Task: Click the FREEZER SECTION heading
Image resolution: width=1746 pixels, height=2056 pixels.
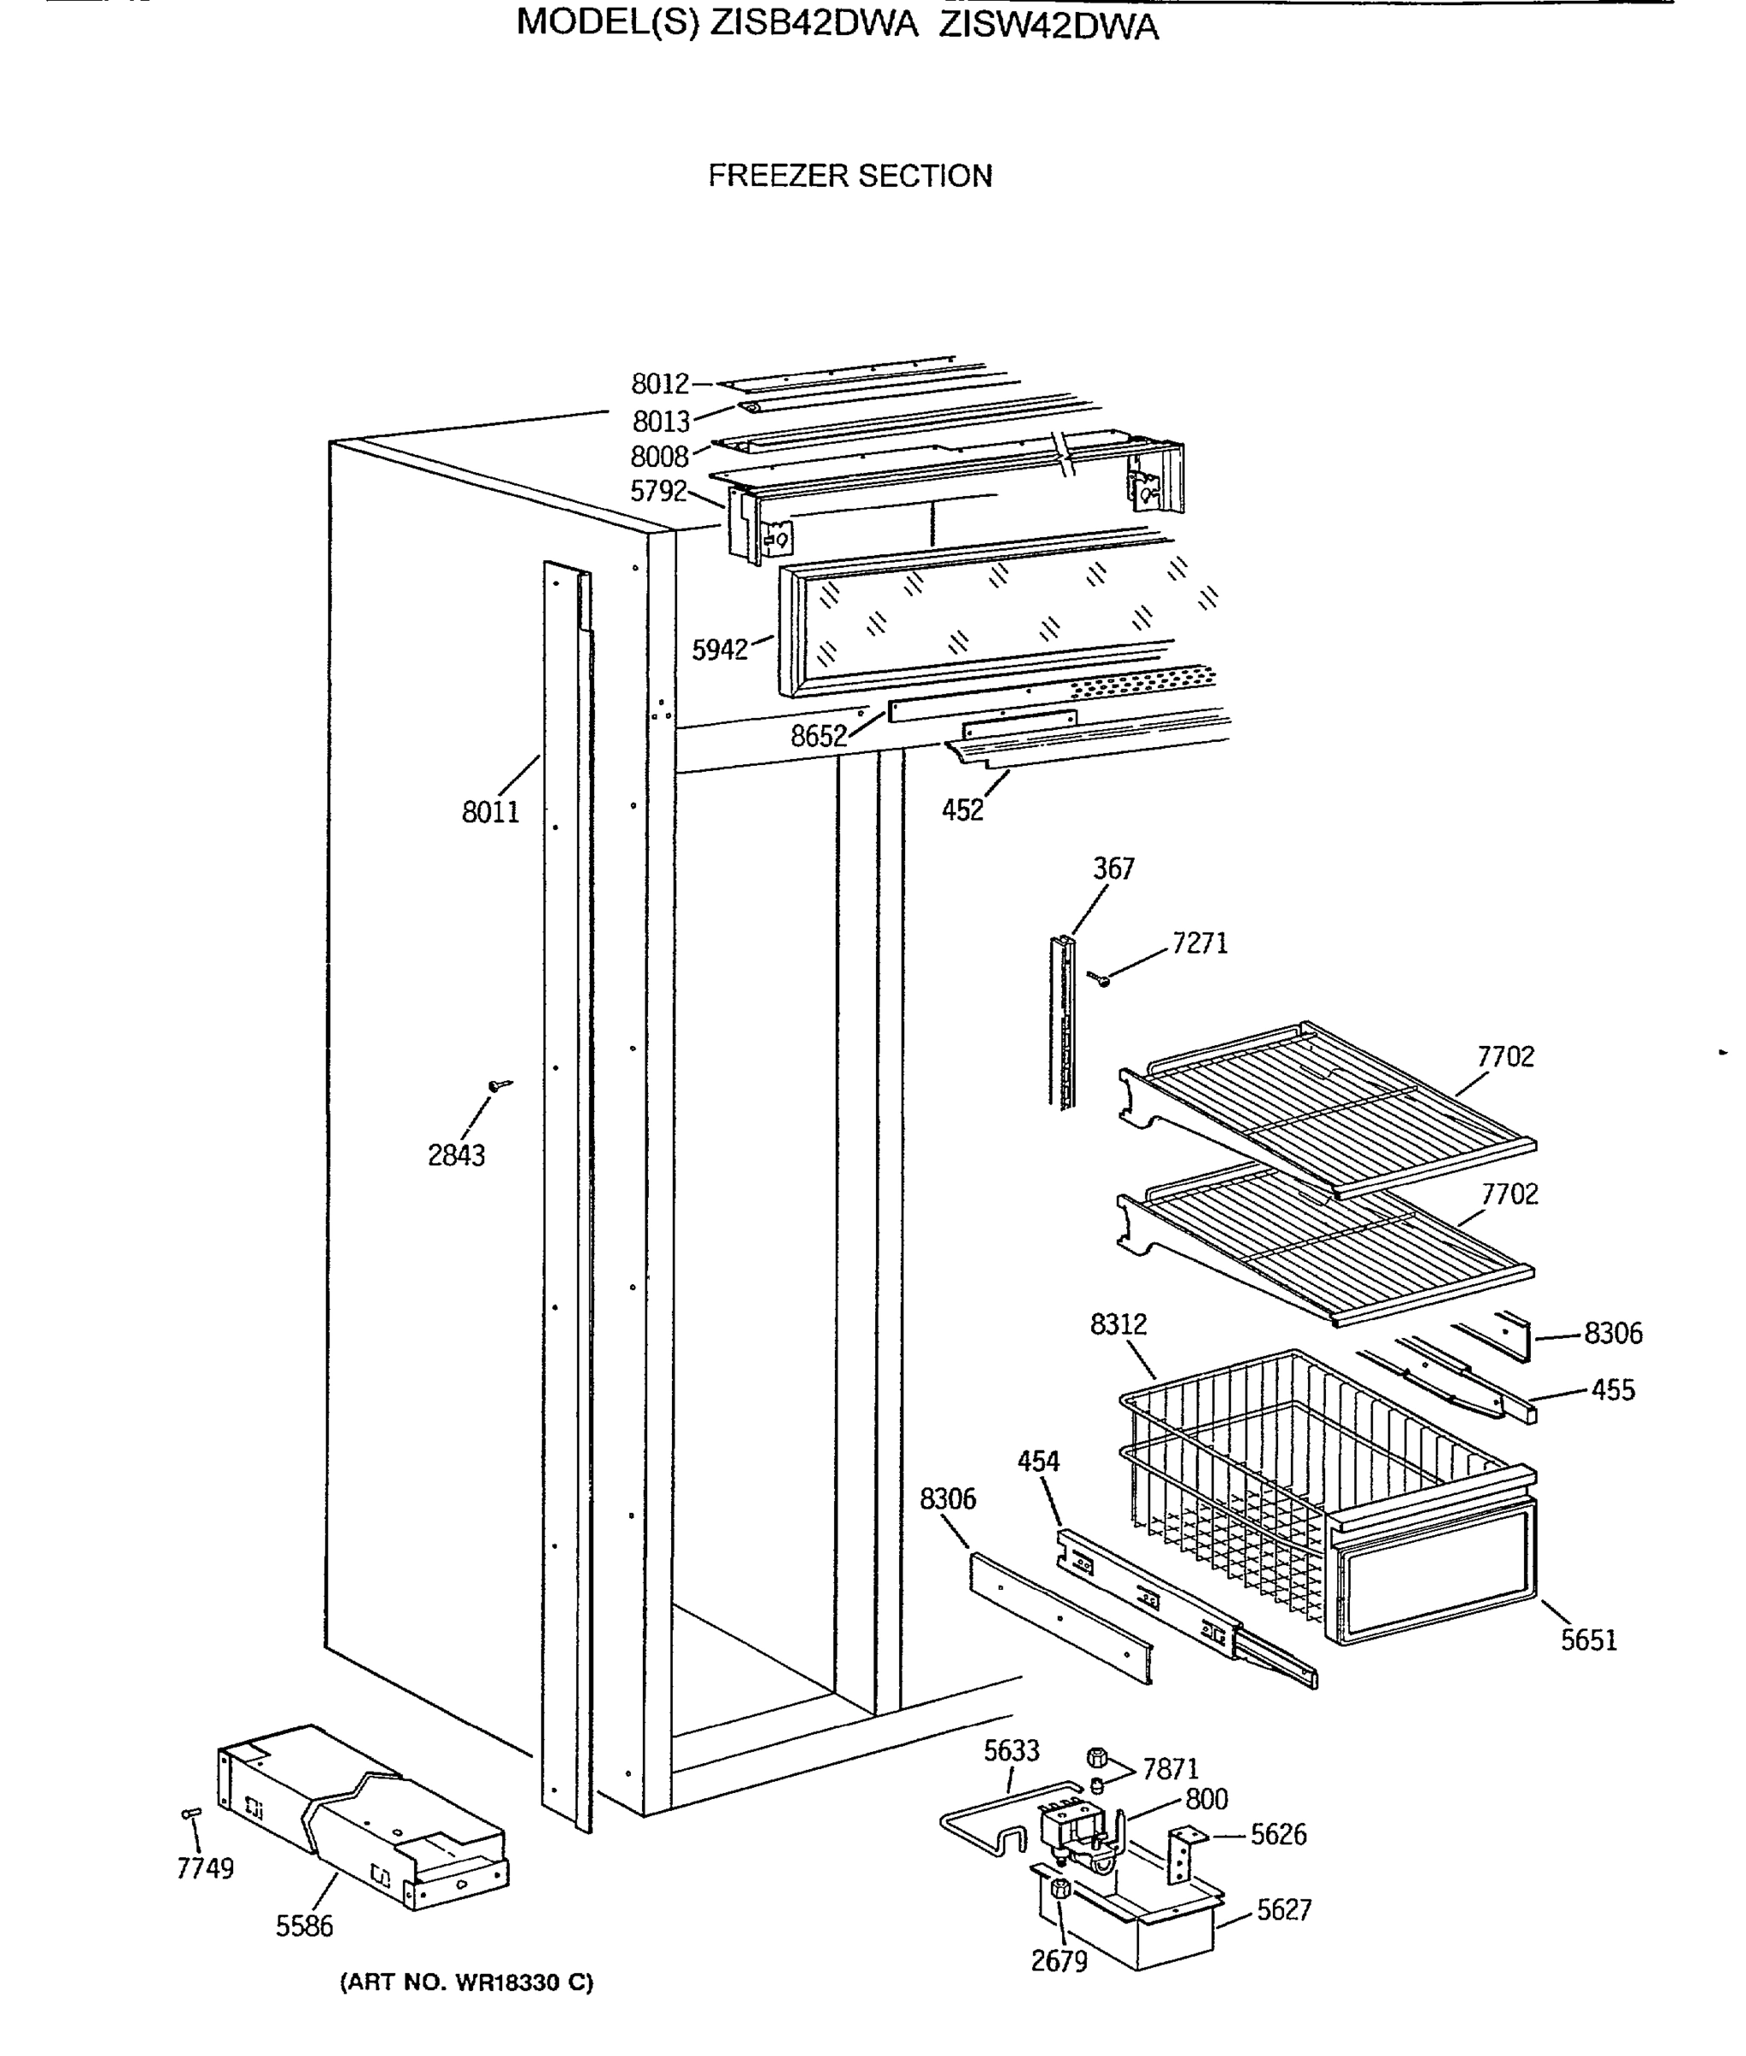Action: [849, 176]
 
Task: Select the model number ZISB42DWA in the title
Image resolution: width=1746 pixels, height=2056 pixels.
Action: [813, 23]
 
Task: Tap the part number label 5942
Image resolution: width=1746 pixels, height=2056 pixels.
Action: [720, 650]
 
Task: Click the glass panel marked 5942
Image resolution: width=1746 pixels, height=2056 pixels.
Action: [990, 619]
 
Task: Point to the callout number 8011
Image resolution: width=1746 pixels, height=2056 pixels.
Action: [490, 812]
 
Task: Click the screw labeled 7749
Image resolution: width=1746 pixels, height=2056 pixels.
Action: [192, 1814]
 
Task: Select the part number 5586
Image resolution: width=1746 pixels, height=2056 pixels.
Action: [304, 1926]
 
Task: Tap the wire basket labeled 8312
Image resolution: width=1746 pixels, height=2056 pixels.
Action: [1287, 1474]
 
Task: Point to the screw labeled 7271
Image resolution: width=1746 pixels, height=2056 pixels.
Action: [1100, 978]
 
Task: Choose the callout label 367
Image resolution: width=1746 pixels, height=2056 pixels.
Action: [1113, 869]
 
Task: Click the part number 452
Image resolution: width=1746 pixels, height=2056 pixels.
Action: [962, 810]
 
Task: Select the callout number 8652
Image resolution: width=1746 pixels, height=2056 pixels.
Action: [819, 736]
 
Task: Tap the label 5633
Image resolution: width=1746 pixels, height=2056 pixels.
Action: [1011, 1751]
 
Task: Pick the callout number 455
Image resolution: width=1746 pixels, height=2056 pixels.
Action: [1612, 1390]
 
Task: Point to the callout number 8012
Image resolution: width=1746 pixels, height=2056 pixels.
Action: [660, 384]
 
